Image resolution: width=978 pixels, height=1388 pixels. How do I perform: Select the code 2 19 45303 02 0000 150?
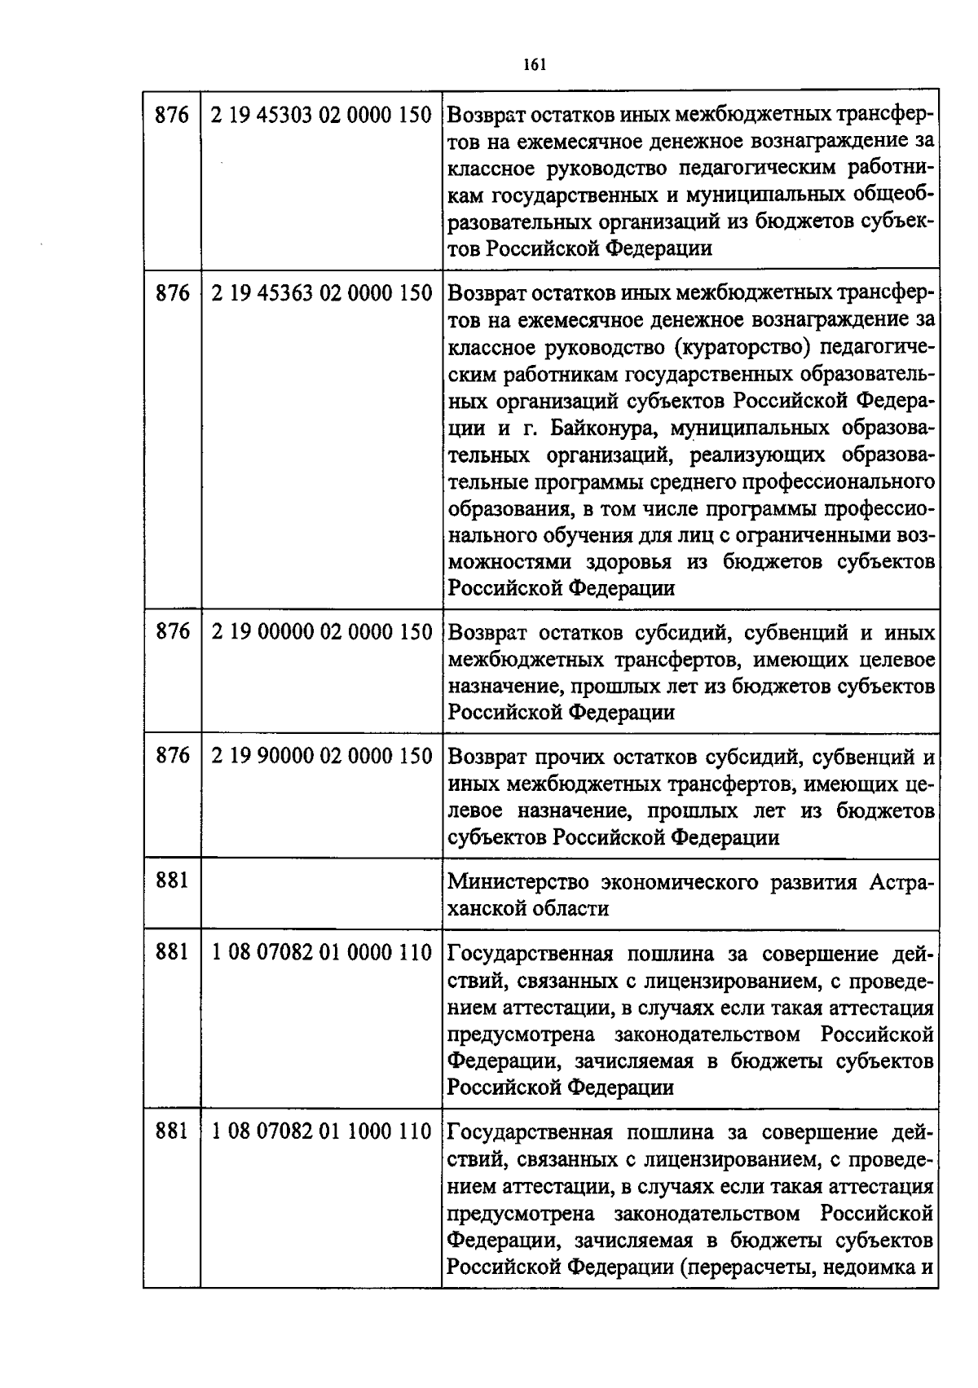(x=321, y=116)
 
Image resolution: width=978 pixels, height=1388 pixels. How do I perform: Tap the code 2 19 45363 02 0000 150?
(x=321, y=293)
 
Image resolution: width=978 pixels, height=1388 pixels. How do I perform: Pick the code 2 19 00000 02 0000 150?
(x=321, y=632)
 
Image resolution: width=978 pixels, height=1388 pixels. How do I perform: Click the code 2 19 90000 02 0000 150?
(x=321, y=756)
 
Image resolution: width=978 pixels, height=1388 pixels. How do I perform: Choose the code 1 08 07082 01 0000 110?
(x=321, y=952)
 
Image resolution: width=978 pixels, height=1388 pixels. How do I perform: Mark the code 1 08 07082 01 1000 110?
(x=321, y=1132)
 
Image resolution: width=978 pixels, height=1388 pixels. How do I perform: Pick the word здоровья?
(x=629, y=562)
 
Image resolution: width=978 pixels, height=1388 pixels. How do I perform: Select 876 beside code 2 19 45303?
(x=172, y=116)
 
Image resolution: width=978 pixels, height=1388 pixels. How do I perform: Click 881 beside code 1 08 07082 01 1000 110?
(x=172, y=1132)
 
